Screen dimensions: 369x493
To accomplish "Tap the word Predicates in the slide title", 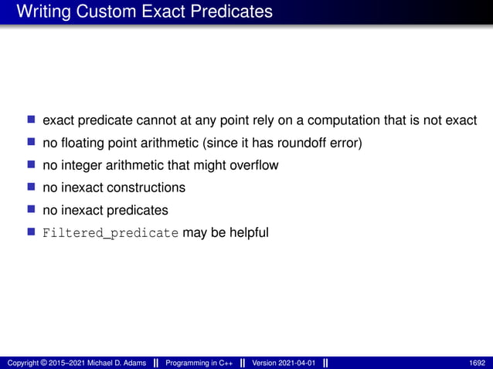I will coord(231,12).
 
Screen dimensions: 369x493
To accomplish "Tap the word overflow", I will coord(253,165).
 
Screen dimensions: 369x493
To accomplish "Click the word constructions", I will coord(147,188).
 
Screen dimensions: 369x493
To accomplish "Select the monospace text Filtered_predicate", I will coord(110,232).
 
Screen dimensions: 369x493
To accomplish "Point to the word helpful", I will coord(247,232).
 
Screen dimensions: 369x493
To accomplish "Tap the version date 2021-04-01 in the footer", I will coord(295,363).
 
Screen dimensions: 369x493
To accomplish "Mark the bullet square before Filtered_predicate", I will coord(32,231).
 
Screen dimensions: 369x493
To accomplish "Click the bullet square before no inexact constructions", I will coord(32,187).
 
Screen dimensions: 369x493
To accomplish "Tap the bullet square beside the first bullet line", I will coord(32,120).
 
